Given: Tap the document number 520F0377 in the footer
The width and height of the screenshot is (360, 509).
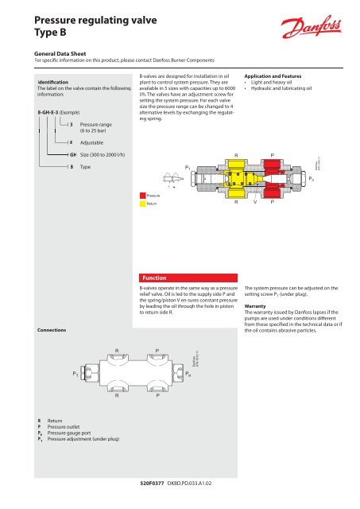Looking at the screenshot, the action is [x=153, y=481].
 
